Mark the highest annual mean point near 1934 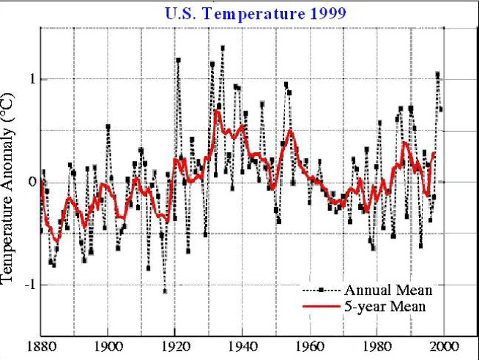tap(223, 48)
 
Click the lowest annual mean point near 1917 tap(165, 291)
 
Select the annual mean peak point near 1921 tap(178, 60)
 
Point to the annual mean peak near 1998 tap(438, 74)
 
